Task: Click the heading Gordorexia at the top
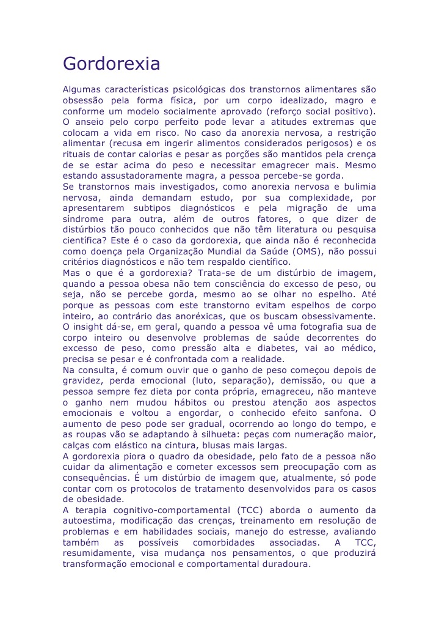click(x=112, y=64)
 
